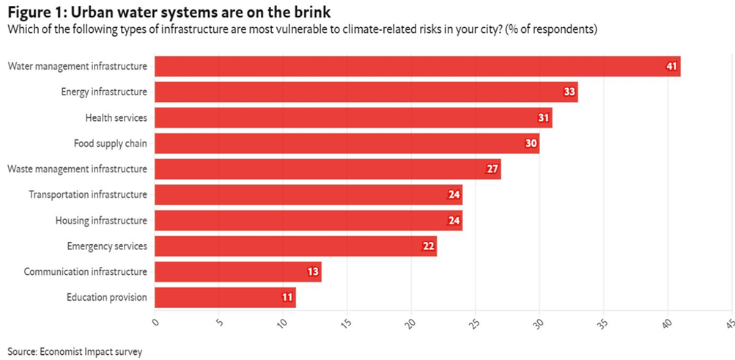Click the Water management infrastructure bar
[x=418, y=66]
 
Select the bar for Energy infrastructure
[x=366, y=92]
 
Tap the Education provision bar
[x=225, y=297]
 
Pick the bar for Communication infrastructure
[x=238, y=271]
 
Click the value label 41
[x=671, y=66]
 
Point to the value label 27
[x=492, y=169]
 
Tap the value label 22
[x=429, y=246]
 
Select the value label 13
[x=313, y=272]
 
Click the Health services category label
[x=116, y=117]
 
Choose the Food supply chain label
[x=110, y=143]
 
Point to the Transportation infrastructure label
[x=88, y=194]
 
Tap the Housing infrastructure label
[x=101, y=220]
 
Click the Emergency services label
[x=107, y=246]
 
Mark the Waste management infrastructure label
[x=77, y=169]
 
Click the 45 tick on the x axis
[x=728, y=323]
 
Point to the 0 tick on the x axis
[x=155, y=321]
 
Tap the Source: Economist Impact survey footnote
[x=75, y=351]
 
